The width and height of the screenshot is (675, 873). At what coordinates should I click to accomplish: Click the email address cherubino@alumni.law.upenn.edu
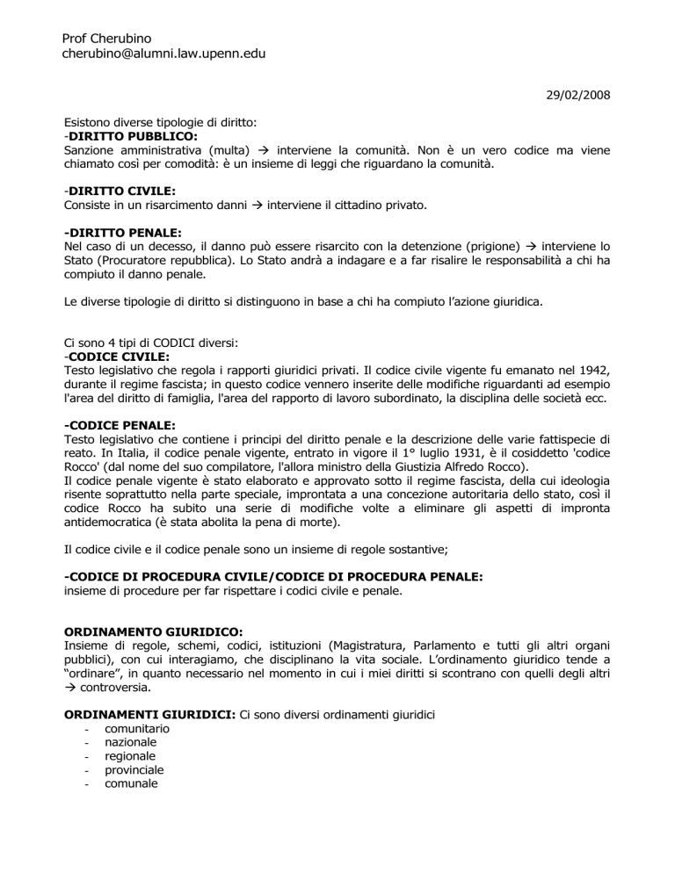click(164, 54)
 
